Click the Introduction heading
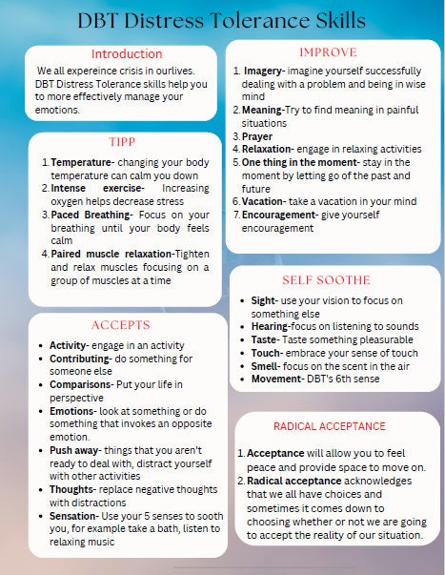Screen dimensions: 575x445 click(x=126, y=54)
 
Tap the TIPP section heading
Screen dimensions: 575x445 click(x=122, y=142)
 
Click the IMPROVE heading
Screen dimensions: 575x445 click(x=328, y=51)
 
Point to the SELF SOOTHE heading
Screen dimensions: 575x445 click(x=327, y=280)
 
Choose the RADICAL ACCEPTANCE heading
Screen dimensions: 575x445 click(x=329, y=426)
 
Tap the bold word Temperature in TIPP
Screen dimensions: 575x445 click(x=83, y=162)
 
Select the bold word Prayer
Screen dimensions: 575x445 click(x=257, y=135)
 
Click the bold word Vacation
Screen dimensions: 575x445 click(x=263, y=201)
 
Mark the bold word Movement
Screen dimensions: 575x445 click(x=277, y=379)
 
